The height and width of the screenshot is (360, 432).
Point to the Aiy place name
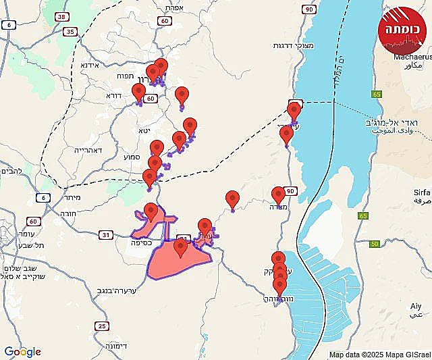(416, 306)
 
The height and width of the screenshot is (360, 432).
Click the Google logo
(22, 352)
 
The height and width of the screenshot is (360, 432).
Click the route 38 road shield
(61, 16)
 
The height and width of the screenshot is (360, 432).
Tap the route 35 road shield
(70, 31)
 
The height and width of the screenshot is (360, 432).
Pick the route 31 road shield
(106, 235)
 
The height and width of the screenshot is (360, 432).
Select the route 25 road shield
(102, 326)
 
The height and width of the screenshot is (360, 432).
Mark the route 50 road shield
(375, 243)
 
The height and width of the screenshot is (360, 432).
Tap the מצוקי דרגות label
(271, 45)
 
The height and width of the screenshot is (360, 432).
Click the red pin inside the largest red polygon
(180, 247)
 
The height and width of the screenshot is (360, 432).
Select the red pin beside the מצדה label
(278, 195)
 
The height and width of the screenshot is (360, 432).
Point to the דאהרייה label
(89, 151)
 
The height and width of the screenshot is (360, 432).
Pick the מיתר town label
(74, 197)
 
